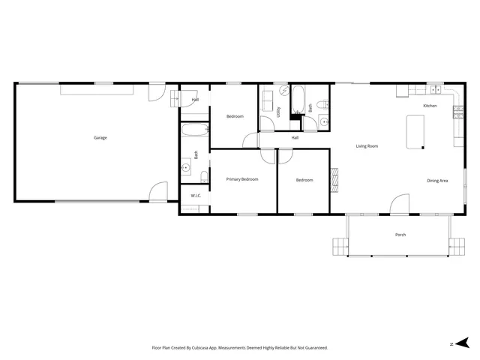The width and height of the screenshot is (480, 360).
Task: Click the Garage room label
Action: [100, 138]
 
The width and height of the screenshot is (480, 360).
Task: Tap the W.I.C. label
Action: [196, 196]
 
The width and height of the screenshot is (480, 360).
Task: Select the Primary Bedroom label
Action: [242, 180]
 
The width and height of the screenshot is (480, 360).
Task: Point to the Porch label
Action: [400, 235]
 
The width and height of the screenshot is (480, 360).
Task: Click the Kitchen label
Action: [430, 106]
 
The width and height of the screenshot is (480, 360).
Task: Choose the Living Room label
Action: [367, 146]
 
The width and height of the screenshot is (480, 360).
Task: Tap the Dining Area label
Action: [438, 181]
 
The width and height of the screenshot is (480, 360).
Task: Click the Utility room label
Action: [278, 112]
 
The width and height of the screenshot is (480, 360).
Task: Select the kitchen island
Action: [415, 131]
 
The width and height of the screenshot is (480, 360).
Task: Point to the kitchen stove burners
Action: [457, 112]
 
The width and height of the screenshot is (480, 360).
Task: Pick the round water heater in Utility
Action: [284, 90]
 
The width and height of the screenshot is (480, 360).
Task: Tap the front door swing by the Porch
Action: [400, 205]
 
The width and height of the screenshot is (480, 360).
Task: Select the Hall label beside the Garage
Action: [195, 100]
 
